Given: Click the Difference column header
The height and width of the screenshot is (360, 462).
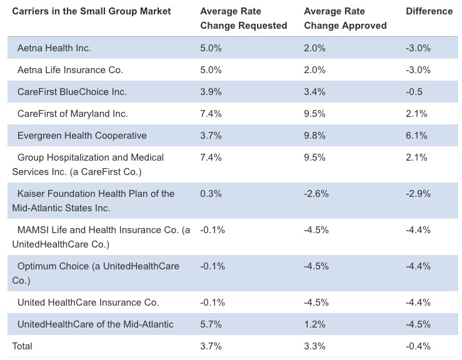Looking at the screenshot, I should pyautogui.click(x=429, y=11).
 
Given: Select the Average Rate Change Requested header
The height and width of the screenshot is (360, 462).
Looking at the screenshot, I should pyautogui.click(x=243, y=19).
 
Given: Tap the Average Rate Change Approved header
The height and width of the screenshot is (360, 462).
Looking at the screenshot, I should pyautogui.click(x=345, y=19).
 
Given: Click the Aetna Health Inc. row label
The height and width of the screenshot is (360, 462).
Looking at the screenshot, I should pyautogui.click(x=54, y=47).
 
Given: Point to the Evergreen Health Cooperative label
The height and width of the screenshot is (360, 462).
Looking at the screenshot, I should pyautogui.click(x=82, y=136).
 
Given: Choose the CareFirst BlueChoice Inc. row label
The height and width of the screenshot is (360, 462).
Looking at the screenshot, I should pyautogui.click(x=72, y=92).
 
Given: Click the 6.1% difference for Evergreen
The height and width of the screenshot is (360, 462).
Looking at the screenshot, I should pyautogui.click(x=416, y=136).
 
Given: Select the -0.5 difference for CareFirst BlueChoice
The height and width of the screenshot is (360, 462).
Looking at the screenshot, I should pyautogui.click(x=414, y=92).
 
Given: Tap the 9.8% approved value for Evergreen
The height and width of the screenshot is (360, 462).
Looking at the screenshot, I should pyautogui.click(x=314, y=136).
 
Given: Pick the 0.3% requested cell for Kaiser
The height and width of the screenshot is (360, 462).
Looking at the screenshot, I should pyautogui.click(x=211, y=194).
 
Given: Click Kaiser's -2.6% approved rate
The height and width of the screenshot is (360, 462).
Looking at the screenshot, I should pyautogui.click(x=316, y=194).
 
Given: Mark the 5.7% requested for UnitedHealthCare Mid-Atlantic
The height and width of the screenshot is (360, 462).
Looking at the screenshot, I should pyautogui.click(x=211, y=324).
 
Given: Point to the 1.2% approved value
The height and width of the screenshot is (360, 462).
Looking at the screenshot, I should pyautogui.click(x=314, y=324).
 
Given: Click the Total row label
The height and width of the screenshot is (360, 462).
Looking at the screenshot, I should pyautogui.click(x=22, y=346).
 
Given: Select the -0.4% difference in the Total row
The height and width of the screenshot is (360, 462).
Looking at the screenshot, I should pyautogui.click(x=418, y=346).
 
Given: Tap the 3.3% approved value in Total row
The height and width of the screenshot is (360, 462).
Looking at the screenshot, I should pyautogui.click(x=314, y=346).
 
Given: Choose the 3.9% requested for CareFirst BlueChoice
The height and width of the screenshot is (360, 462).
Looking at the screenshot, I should pyautogui.click(x=211, y=92).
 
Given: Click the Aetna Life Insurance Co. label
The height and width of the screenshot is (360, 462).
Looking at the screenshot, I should pyautogui.click(x=70, y=70).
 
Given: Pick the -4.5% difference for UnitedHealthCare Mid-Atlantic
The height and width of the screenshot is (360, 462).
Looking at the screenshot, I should pyautogui.click(x=418, y=324).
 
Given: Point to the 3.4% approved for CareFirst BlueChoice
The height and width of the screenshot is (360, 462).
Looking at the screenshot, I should pyautogui.click(x=314, y=92).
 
